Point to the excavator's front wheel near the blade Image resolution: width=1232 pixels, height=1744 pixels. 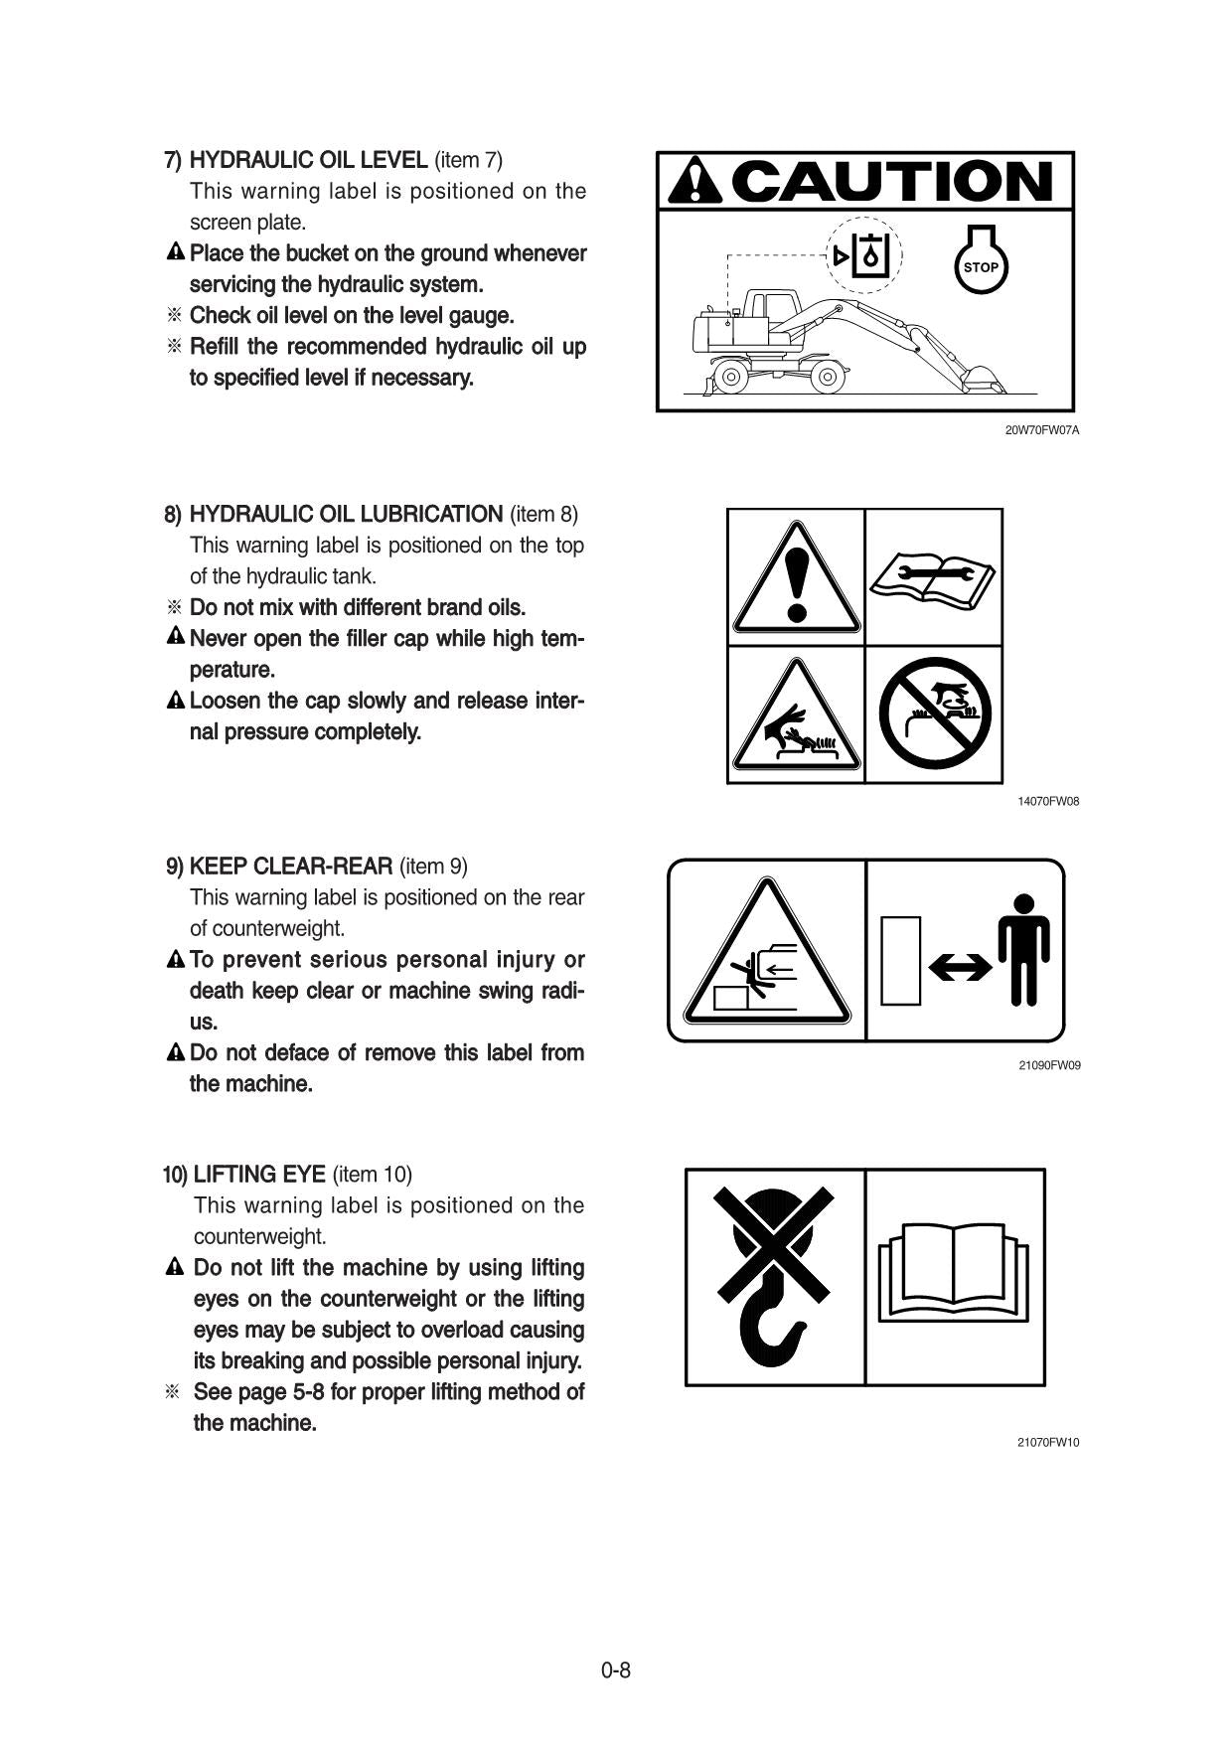731,377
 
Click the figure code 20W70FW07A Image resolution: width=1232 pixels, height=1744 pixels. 1041,430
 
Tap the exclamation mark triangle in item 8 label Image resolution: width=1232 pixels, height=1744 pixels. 796,578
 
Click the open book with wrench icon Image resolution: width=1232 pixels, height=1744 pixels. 933,578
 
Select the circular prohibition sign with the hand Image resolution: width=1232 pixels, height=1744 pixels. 934,713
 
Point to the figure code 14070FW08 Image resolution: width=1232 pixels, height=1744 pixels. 1047,801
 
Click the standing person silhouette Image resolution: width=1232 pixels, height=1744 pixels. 1023,949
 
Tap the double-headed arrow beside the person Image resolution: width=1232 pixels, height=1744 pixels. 960,967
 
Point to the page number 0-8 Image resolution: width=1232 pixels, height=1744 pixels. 616,1670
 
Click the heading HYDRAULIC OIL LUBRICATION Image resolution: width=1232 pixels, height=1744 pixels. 346,515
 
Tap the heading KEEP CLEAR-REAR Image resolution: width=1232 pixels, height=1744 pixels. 291,867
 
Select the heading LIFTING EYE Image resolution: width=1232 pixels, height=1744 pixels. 259,1175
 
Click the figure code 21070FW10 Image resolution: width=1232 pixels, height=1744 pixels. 1047,1442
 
